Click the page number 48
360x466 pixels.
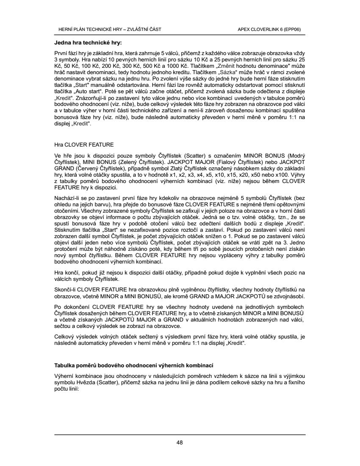[x=180, y=443]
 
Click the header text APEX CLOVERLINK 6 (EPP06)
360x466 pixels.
[x=269, y=30]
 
